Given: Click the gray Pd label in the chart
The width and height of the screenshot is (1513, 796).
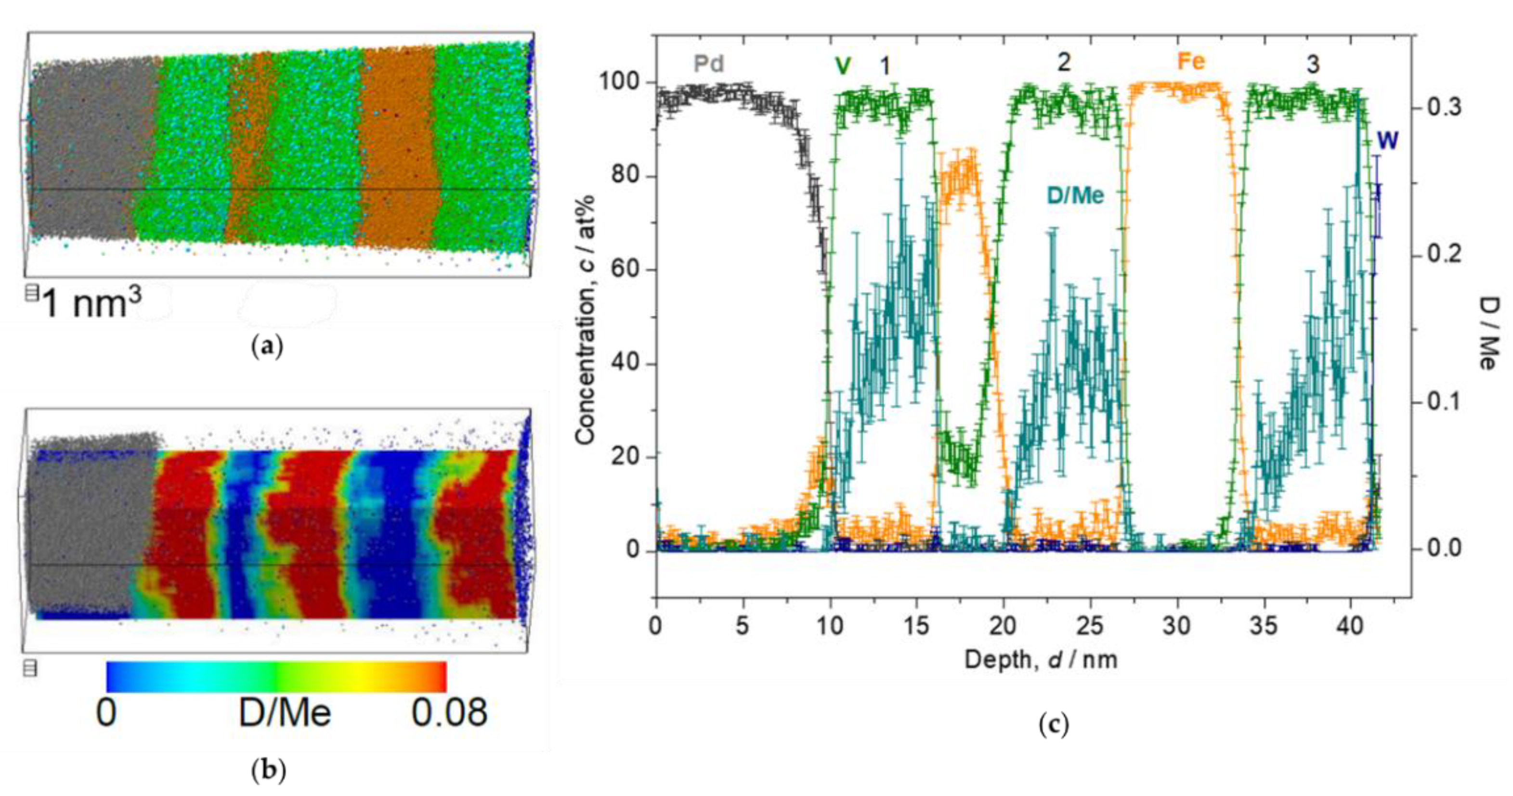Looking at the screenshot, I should click(708, 64).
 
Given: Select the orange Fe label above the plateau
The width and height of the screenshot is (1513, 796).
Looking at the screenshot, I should click(1191, 62).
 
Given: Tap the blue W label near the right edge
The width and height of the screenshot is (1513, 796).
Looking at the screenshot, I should click(1388, 142).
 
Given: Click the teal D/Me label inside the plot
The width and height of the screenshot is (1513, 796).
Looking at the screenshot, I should click(1075, 195).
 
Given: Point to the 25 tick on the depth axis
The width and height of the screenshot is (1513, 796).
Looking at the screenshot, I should click(1090, 626).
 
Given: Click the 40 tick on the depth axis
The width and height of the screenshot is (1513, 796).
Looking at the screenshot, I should click(1350, 626).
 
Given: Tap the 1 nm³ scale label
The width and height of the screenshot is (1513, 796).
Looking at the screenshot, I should click(93, 304).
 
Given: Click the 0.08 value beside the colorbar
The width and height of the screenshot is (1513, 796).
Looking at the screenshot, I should click(449, 713).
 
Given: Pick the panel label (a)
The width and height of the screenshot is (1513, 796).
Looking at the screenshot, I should click(267, 347).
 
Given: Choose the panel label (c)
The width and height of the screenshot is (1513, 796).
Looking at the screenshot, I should click(1054, 726).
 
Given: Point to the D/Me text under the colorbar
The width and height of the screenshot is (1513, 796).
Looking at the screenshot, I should click(285, 713).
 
